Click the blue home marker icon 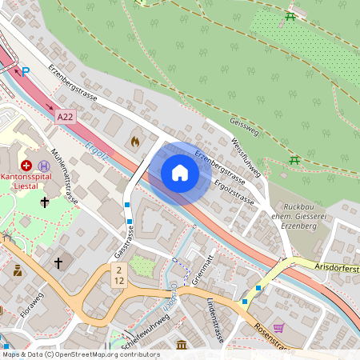(x=179, y=173)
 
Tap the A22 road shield (x=66, y=117)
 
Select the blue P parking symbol (x=25, y=71)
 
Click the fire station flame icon (x=134, y=141)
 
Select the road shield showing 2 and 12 (x=118, y=277)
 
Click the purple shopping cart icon (x=278, y=327)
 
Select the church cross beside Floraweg (x=58, y=262)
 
